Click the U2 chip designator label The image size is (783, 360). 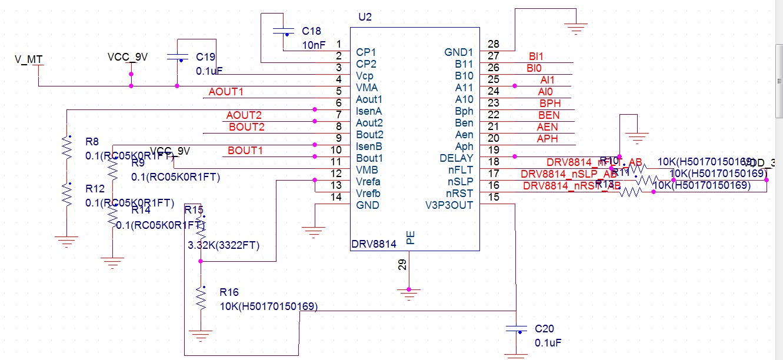coord(365,17)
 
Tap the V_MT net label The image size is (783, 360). coord(28,60)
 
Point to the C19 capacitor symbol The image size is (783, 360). coord(178,57)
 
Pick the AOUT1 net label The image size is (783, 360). coord(226,92)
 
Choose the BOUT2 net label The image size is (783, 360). coord(246,127)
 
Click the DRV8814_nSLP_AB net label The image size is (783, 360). coord(568,174)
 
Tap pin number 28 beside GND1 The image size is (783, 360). coord(493,44)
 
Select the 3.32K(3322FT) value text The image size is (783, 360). coord(224,245)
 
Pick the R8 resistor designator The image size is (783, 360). coord(92,142)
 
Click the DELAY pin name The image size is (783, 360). coord(456,158)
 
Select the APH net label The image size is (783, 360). coord(547,139)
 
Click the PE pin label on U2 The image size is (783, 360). coord(411,237)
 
